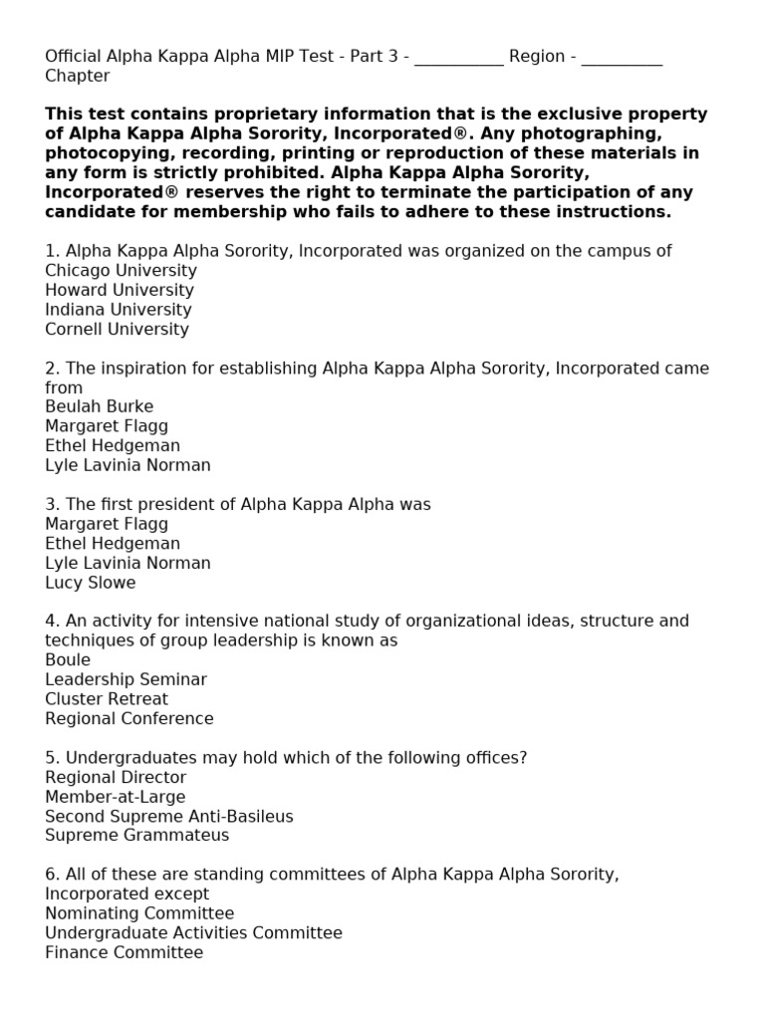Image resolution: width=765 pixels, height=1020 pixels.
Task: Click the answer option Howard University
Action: [x=120, y=290]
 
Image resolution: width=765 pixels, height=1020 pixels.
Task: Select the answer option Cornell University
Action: [x=117, y=329]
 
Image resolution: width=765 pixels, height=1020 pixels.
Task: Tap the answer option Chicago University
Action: [x=121, y=271]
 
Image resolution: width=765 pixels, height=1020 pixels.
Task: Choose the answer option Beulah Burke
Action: [x=100, y=406]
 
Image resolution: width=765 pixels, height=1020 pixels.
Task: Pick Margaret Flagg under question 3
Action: [x=107, y=524]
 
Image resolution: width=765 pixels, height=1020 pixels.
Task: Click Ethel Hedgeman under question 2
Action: [x=113, y=445]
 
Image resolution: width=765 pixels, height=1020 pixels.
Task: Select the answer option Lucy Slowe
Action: [x=91, y=583]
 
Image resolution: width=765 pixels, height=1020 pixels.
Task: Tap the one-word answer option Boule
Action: [x=68, y=659]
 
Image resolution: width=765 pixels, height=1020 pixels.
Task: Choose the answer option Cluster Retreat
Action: [x=107, y=699]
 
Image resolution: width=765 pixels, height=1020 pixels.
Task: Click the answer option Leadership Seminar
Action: [x=127, y=679]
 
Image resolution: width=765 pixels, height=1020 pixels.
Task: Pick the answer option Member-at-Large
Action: [x=116, y=797]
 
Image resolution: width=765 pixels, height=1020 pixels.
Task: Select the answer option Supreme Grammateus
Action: [x=137, y=836]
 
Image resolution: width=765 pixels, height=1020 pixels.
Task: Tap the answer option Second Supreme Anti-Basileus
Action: [x=169, y=817]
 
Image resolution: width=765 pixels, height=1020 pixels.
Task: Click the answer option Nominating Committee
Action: [x=139, y=913]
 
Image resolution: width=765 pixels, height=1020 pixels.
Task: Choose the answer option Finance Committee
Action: [x=125, y=952]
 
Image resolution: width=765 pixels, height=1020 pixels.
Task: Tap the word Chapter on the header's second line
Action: [x=78, y=76]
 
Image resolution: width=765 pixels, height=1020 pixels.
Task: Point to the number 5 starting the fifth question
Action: [x=50, y=758]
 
